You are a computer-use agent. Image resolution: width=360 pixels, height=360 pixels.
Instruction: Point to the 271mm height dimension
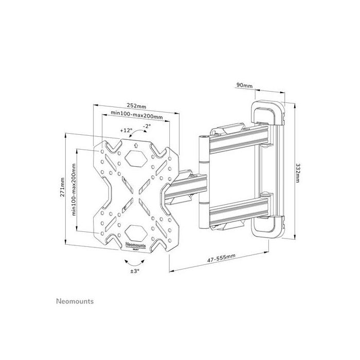point(63,188)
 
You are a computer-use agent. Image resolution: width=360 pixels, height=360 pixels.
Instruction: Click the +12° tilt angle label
point(126,131)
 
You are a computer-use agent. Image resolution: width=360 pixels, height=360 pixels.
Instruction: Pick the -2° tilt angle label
point(147,126)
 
